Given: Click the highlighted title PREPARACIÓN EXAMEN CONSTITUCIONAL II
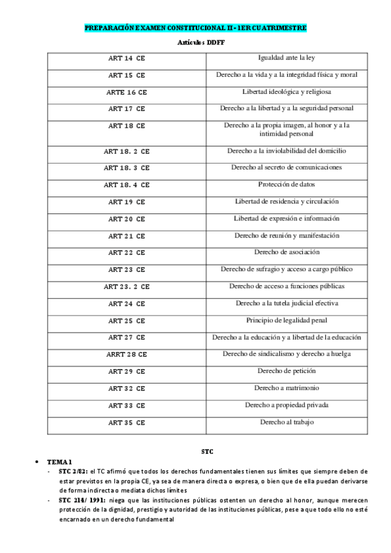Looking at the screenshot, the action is pyautogui.click(x=195, y=29).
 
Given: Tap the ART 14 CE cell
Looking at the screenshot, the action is pyautogui.click(x=127, y=58).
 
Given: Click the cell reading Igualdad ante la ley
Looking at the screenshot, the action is pyautogui.click(x=287, y=58).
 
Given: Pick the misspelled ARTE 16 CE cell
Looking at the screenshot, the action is pyautogui.click(x=127, y=92).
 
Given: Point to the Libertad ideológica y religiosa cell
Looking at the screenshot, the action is pyautogui.click(x=287, y=92).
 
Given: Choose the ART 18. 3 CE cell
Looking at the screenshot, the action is pyautogui.click(x=127, y=168).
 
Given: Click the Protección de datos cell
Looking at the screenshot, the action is pyautogui.click(x=287, y=185).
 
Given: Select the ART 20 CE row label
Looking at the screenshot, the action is pyautogui.click(x=127, y=218).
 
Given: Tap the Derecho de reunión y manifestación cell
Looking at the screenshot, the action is pyautogui.click(x=287, y=235).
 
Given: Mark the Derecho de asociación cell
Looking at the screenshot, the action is pyautogui.click(x=287, y=252).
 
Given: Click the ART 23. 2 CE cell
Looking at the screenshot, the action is pyautogui.click(x=127, y=286).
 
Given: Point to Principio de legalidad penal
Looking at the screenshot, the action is pyautogui.click(x=287, y=320).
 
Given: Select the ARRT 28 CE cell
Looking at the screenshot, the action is pyautogui.click(x=127, y=354).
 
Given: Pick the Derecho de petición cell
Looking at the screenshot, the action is pyautogui.click(x=287, y=371).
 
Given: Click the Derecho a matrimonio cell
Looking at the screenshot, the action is pyautogui.click(x=287, y=388).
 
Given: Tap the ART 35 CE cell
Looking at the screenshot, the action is pyautogui.click(x=127, y=422).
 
